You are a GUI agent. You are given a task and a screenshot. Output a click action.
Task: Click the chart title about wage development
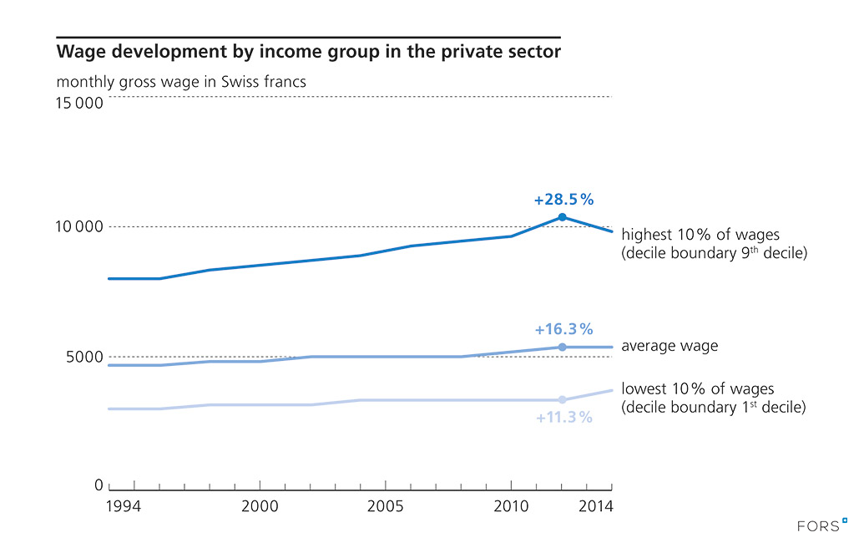point(308,53)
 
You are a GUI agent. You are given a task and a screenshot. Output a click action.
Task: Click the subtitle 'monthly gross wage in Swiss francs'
point(181,82)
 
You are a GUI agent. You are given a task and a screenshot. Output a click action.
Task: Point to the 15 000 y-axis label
point(79,104)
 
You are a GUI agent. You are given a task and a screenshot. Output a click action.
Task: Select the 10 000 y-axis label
point(79,227)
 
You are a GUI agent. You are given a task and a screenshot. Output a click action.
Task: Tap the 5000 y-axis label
point(83,358)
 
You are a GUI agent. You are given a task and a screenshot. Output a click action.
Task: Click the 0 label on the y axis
point(99,485)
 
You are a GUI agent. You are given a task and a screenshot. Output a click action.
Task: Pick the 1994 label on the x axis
point(124,506)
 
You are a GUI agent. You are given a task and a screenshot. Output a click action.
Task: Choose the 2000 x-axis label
point(260,506)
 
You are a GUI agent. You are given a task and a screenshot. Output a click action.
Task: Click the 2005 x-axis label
point(385,506)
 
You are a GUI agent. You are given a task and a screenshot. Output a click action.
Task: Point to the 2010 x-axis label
point(511,506)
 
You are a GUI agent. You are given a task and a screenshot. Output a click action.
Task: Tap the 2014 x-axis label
point(597,506)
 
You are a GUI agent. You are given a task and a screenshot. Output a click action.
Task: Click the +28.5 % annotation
point(563,200)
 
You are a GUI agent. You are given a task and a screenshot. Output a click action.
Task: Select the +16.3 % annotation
point(563,329)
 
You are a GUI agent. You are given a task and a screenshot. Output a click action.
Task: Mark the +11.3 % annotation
point(563,417)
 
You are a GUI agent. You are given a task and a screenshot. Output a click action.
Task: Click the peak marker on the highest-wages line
point(562,217)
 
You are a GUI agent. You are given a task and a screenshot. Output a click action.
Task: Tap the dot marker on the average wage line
point(562,347)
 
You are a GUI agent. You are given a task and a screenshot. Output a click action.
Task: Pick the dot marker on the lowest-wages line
point(562,400)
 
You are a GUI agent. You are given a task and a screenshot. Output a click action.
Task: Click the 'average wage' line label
point(669,346)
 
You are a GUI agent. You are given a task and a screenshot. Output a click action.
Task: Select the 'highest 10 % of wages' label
point(700,235)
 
